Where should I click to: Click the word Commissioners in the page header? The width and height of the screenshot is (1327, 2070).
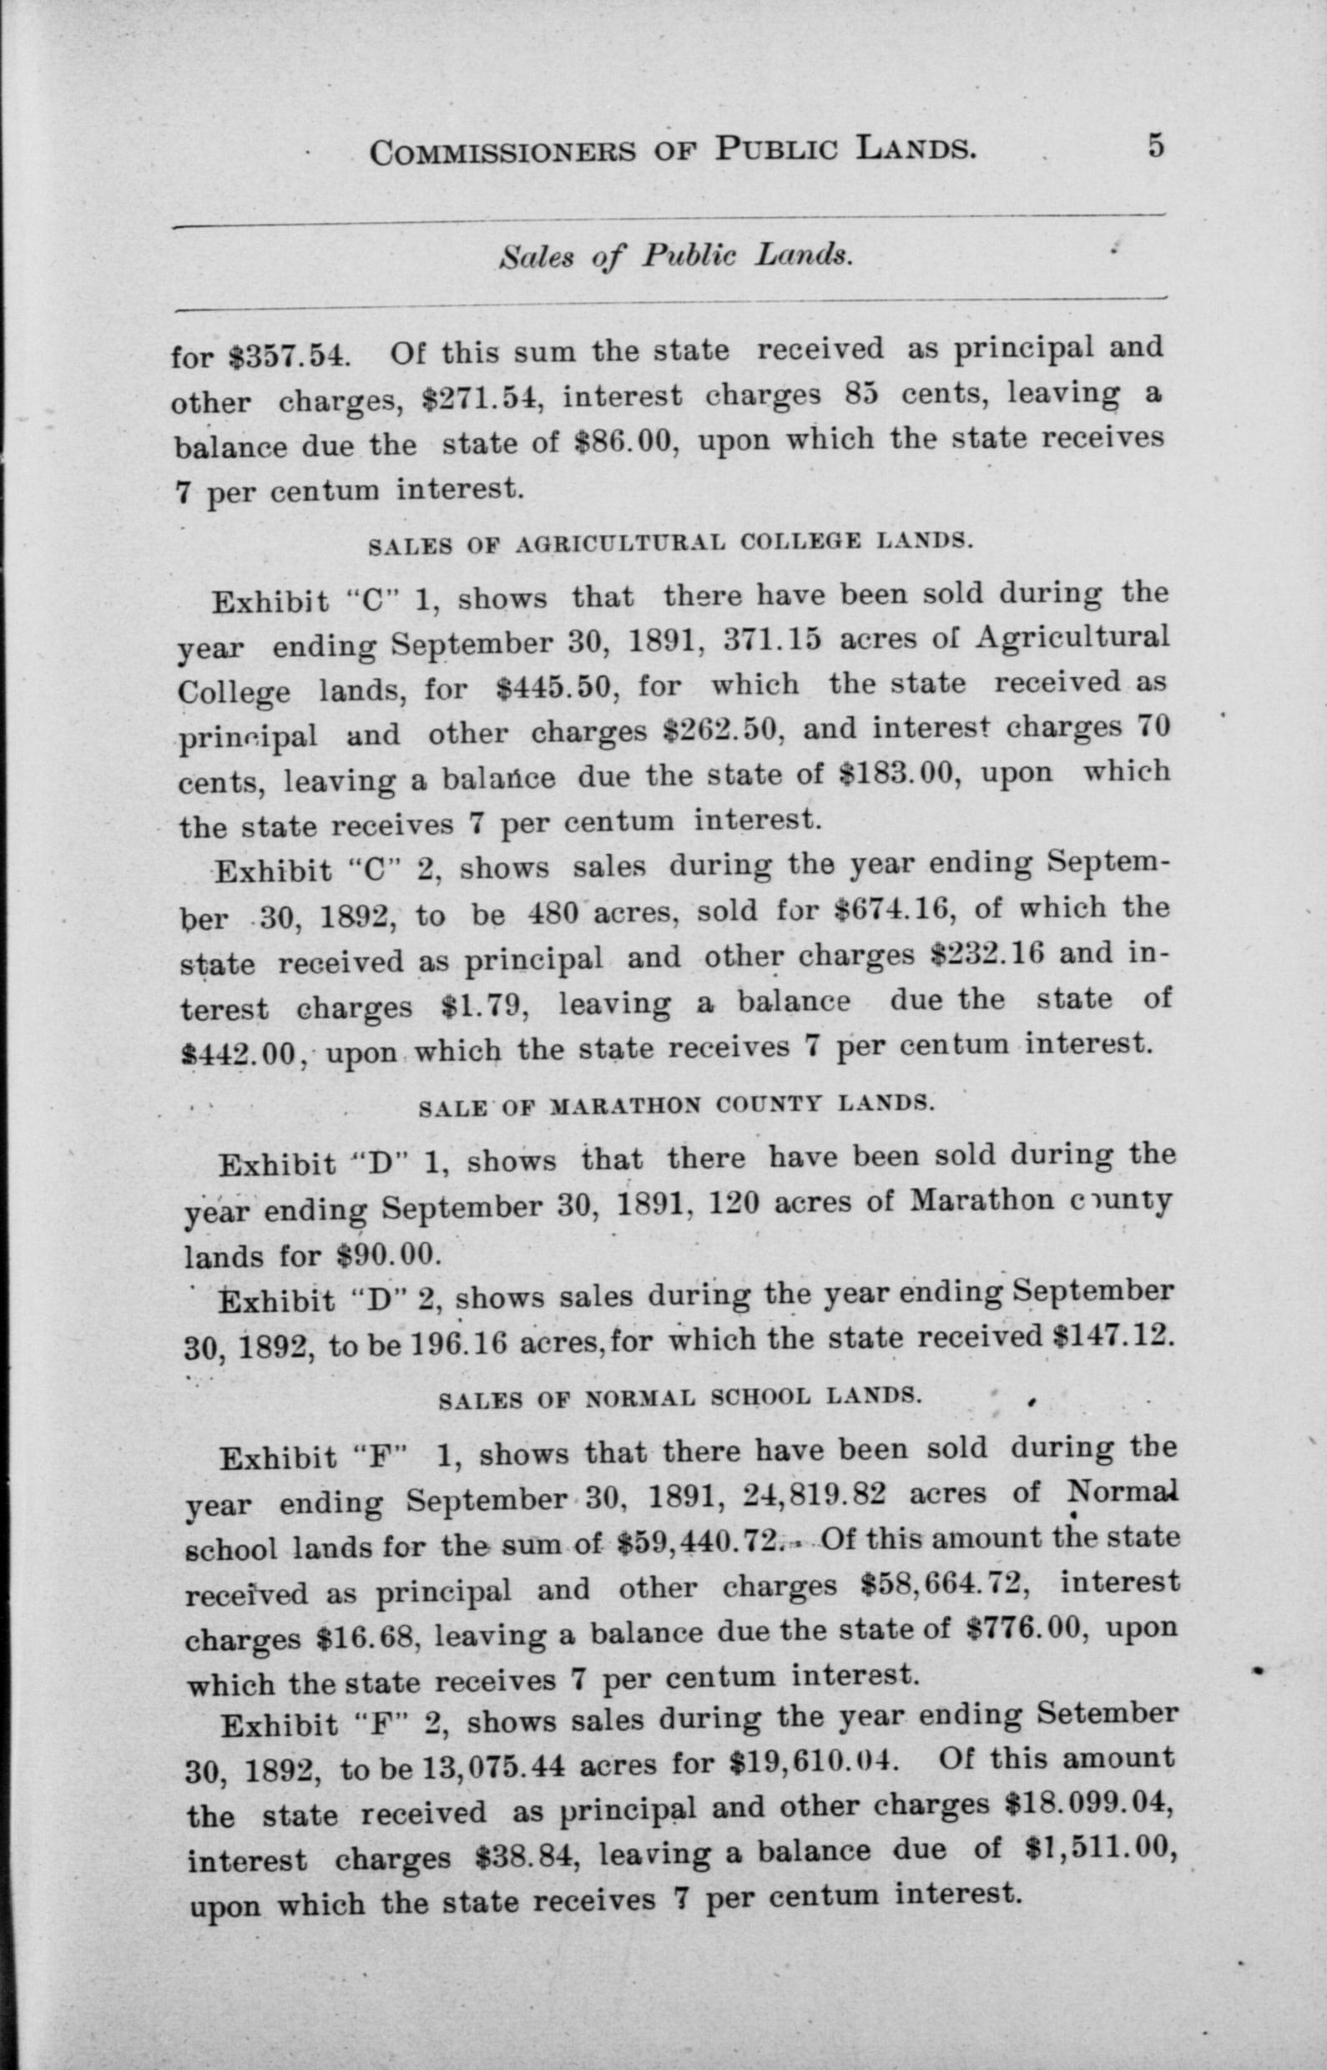coord(502,154)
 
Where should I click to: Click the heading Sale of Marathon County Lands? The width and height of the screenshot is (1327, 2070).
coord(675,1106)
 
